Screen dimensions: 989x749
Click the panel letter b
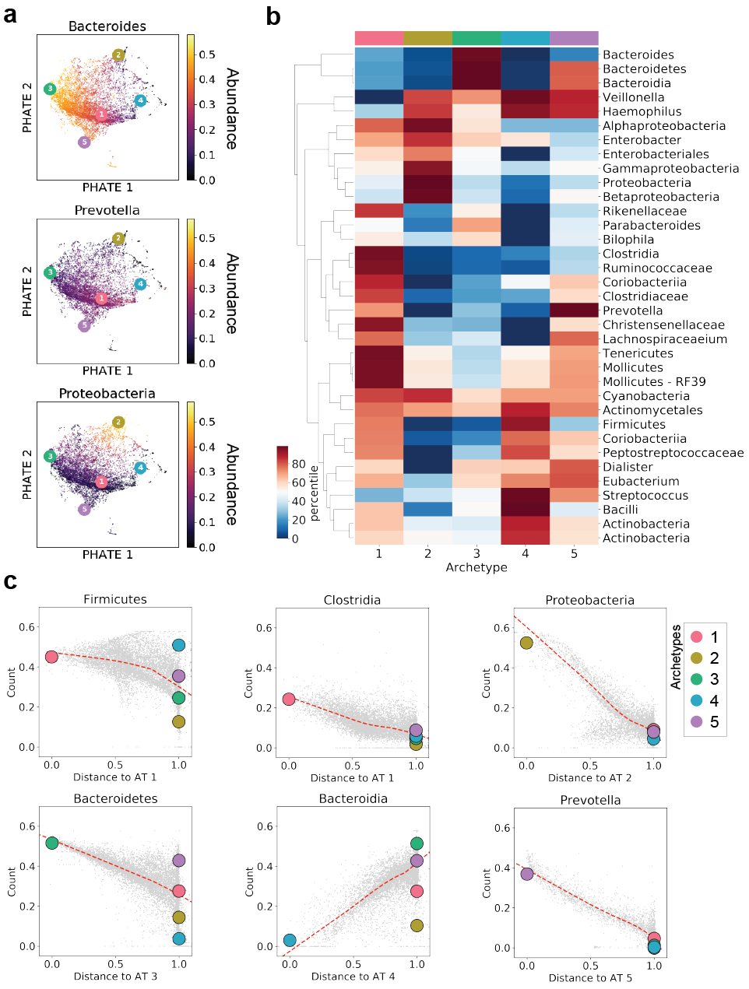[273, 16]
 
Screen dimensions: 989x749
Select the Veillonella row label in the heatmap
[633, 97]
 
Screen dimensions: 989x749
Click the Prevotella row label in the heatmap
[632, 310]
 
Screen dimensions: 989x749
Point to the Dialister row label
[628, 467]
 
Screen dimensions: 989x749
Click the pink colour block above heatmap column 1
[379, 38]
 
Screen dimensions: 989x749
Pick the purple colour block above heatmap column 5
[574, 38]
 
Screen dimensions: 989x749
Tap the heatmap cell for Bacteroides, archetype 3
[476, 54]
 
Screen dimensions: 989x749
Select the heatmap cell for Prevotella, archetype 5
[574, 310]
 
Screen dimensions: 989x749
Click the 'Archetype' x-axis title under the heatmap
[476, 567]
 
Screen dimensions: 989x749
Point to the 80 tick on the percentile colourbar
[298, 464]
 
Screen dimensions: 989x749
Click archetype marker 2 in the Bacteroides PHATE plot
[118, 54]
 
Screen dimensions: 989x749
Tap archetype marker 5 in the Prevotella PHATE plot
[84, 326]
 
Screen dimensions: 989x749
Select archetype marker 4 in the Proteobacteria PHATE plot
[140, 468]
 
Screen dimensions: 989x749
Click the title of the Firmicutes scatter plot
[115, 599]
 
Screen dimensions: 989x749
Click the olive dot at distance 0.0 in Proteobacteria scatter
[526, 643]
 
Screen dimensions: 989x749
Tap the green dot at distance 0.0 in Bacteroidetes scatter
[52, 843]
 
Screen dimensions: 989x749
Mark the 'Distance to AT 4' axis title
[353, 976]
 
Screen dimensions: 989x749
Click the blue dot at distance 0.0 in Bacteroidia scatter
[290, 940]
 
